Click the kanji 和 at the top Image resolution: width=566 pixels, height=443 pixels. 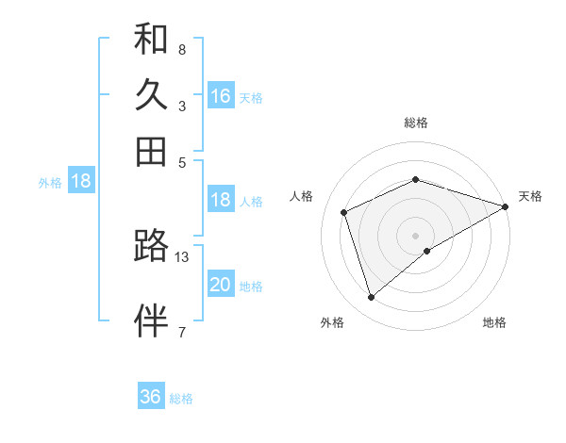click(x=151, y=40)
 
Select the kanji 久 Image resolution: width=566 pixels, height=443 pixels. click(x=151, y=95)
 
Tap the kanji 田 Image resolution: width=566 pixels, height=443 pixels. click(x=151, y=151)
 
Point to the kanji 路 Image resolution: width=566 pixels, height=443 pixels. click(x=151, y=246)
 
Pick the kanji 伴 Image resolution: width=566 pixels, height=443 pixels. click(x=151, y=320)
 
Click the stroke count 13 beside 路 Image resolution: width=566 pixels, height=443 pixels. click(x=182, y=256)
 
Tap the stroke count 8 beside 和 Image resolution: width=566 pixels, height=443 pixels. click(x=182, y=49)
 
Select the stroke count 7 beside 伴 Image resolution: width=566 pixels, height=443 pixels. click(x=182, y=331)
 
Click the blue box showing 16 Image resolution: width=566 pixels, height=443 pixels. click(x=221, y=96)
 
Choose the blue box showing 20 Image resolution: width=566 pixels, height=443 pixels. click(x=221, y=285)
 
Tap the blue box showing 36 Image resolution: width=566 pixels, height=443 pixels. click(x=151, y=397)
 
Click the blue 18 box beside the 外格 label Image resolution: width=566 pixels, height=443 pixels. click(x=81, y=182)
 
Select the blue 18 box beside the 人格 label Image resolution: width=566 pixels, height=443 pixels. click(x=221, y=200)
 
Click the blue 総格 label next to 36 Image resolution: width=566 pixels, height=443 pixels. click(x=181, y=399)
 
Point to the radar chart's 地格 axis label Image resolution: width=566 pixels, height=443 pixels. click(x=494, y=323)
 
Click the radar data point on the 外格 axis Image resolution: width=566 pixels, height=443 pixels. click(x=371, y=298)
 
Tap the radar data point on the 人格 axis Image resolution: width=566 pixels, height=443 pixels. click(x=344, y=212)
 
